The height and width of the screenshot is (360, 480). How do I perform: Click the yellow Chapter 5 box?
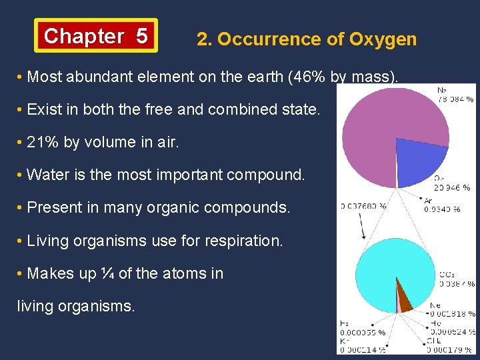(96, 35)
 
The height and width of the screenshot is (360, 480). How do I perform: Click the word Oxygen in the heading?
(383, 39)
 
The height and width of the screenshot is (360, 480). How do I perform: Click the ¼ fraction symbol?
(107, 273)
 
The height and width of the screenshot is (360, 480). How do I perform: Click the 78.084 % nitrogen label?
(455, 99)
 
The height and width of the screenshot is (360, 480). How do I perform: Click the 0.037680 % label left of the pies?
(363, 206)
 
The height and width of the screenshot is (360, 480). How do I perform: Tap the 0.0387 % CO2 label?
(457, 283)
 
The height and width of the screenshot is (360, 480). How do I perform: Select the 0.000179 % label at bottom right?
(451, 349)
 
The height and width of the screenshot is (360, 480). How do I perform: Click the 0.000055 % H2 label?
(362, 331)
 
